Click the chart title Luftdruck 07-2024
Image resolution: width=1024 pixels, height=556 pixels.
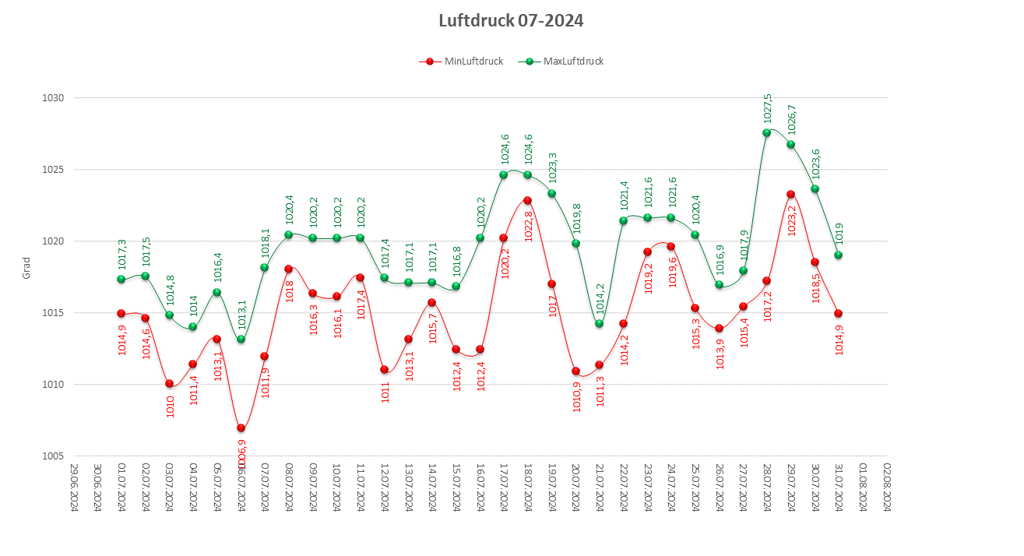tap(511, 21)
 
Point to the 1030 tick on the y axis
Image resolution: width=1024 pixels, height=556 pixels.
tap(54, 98)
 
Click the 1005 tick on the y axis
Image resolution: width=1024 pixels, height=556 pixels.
tap(54, 456)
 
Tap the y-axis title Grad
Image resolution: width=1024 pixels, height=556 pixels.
tap(26, 269)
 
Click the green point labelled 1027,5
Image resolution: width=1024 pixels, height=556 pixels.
tap(767, 133)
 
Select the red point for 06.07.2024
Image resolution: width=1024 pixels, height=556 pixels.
tap(241, 428)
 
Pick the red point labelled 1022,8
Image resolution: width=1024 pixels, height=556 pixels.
tap(527, 201)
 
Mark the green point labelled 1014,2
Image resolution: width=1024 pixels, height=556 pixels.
tap(600, 324)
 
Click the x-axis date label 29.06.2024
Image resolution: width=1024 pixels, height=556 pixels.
tap(73, 487)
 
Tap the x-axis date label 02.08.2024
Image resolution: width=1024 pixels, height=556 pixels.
tap(887, 487)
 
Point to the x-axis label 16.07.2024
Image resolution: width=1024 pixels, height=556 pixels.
tap(480, 487)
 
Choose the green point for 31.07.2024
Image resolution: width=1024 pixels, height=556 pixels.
tap(839, 255)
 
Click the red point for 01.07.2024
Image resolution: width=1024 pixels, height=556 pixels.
tap(121, 314)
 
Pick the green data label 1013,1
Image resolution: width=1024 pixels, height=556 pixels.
tap(241, 314)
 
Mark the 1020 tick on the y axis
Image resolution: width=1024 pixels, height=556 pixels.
tap(54, 241)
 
